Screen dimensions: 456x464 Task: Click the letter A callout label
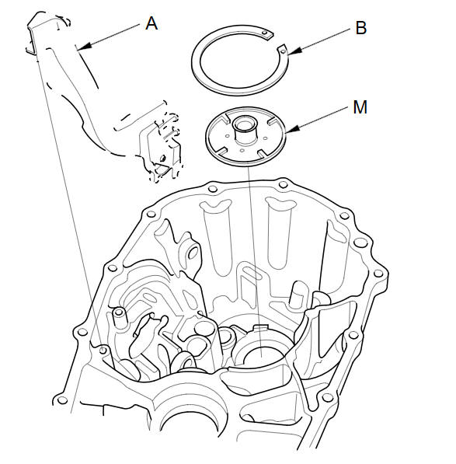click(x=151, y=23)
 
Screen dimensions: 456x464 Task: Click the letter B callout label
click(x=360, y=28)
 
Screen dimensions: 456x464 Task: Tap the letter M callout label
click(x=360, y=106)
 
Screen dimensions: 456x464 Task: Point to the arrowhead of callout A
click(x=82, y=47)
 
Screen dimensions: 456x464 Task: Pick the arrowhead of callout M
click(x=292, y=130)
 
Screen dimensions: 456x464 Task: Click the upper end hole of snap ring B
click(x=265, y=33)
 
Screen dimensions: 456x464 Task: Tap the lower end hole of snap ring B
click(x=283, y=51)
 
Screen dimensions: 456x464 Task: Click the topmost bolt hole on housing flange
click(x=283, y=183)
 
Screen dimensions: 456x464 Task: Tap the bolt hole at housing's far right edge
click(x=378, y=273)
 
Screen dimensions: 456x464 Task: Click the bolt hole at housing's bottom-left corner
click(x=62, y=400)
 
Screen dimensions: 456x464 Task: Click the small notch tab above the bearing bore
click(x=261, y=327)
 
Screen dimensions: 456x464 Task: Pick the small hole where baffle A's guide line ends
click(x=103, y=350)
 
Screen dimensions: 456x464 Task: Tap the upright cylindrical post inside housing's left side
click(x=119, y=318)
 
